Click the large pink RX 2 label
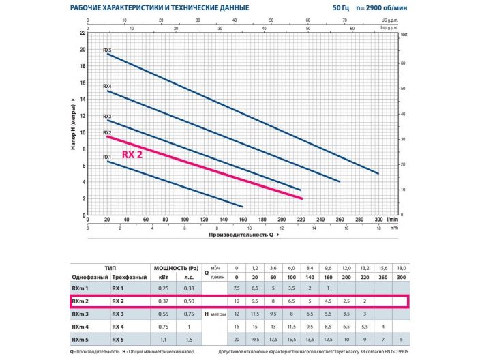[x=132, y=155]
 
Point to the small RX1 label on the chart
[x=107, y=157]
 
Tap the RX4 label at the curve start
[x=107, y=87]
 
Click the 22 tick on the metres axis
[x=82, y=33]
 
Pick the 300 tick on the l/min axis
[x=379, y=220]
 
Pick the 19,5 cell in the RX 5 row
[x=256, y=339]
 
